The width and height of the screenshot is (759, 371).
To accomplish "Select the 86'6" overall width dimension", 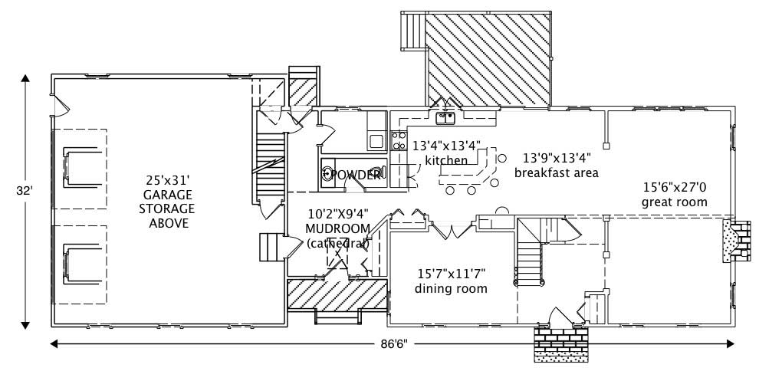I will coord(391,344).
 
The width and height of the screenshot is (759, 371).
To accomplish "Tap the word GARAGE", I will coord(168,195).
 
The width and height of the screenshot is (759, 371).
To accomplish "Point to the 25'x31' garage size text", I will coord(168,182).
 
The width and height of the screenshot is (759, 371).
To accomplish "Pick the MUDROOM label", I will coord(338,229).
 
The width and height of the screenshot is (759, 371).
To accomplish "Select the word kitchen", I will coord(446,160).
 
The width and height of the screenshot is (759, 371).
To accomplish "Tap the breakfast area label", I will coord(556,172).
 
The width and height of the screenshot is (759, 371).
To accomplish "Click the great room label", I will coord(675,202).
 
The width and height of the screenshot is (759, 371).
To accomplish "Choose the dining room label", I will coord(451,289).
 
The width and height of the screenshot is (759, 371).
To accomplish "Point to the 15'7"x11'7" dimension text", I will coord(451,274).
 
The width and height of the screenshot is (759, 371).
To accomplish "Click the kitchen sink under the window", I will coord(445,119).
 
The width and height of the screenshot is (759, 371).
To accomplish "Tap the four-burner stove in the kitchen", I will coord(399,140).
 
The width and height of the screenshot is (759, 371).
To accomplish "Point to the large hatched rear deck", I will coord(488,60).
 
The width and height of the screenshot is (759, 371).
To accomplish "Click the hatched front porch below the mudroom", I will coord(337,295).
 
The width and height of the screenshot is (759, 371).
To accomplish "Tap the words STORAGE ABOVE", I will coord(168,215).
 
